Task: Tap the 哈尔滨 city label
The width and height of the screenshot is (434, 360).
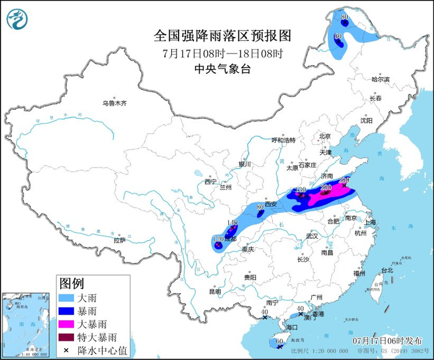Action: [380, 79]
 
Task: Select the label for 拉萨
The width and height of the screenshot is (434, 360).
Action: [120, 240]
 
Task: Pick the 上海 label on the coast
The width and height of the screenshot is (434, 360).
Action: [370, 222]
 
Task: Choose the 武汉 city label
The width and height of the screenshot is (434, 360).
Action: [311, 236]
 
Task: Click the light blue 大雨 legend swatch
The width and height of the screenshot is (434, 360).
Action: [67, 297]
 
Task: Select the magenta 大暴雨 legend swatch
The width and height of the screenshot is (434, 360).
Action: [67, 324]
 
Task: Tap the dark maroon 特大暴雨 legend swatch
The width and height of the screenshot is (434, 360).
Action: [67, 337]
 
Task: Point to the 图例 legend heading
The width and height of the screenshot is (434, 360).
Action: [71, 284]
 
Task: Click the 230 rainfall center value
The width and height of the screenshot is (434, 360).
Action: [327, 187]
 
